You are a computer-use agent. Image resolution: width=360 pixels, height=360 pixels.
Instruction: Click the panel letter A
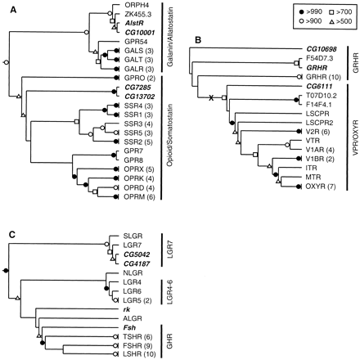click(7, 8)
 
